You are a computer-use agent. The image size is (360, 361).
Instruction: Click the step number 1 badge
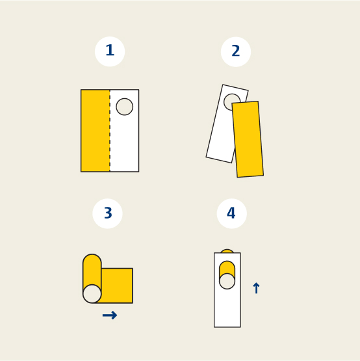(x=110, y=51)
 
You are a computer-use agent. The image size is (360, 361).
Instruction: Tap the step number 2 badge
(x=236, y=51)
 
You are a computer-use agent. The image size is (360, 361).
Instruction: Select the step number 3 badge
(x=107, y=213)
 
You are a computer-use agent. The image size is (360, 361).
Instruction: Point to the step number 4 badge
(x=231, y=213)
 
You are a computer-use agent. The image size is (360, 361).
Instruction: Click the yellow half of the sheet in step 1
(x=96, y=131)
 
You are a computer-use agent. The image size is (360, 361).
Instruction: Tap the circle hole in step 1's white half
(x=125, y=107)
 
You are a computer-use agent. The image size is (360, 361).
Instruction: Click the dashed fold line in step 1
(x=110, y=131)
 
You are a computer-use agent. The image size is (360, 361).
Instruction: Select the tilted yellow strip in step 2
(x=248, y=139)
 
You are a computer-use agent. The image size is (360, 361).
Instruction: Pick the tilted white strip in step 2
(x=221, y=129)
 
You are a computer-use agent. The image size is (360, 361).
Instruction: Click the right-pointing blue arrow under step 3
(x=110, y=315)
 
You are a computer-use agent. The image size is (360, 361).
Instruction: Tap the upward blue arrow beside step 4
(x=256, y=287)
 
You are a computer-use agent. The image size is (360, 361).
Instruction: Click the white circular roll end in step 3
(x=92, y=294)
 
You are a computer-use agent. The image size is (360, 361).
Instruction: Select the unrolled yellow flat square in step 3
(x=118, y=286)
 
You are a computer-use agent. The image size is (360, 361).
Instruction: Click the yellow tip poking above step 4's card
(x=227, y=251)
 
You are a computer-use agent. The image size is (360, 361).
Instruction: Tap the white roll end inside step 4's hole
(x=227, y=281)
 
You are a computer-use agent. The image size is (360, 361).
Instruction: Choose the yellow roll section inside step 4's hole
(x=227, y=267)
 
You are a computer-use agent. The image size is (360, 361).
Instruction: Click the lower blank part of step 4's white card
(x=227, y=308)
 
